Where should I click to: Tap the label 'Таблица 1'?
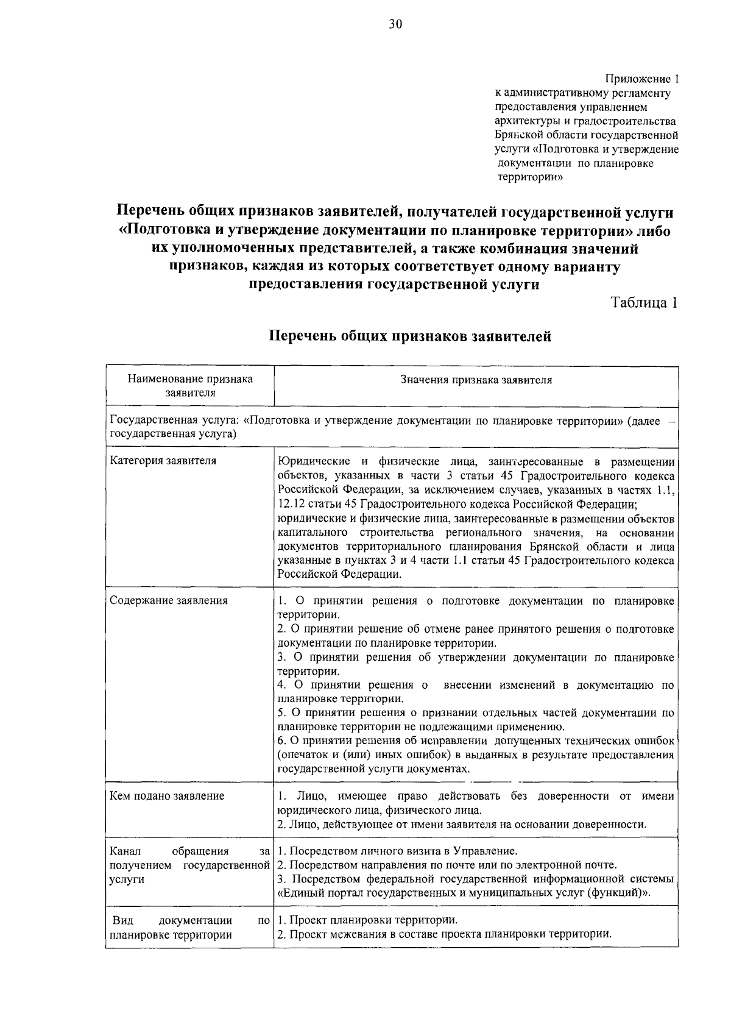644,303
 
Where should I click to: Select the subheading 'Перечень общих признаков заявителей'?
411,336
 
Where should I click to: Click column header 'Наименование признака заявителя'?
190,386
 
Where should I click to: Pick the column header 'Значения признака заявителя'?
476,380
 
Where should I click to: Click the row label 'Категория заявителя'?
163,461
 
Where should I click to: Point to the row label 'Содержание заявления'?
169,600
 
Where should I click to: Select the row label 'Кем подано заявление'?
167,796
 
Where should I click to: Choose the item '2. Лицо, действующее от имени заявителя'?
461,825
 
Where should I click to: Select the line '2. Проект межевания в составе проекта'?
444,934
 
